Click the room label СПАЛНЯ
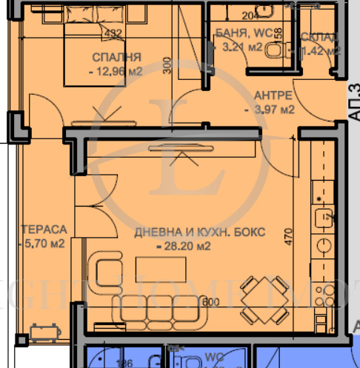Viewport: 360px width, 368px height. [117, 58]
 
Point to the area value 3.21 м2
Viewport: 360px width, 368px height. [242, 47]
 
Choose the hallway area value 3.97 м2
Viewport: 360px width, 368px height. [270, 110]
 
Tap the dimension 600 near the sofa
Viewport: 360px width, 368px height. [212, 302]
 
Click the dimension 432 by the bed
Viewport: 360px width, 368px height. [114, 33]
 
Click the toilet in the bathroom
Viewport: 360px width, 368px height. [275, 49]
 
